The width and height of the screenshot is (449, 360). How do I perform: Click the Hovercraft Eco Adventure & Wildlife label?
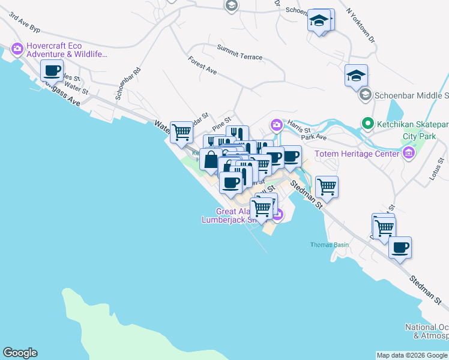66,49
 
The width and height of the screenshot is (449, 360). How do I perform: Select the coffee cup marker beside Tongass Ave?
52,71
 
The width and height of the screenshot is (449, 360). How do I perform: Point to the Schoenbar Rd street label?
129,83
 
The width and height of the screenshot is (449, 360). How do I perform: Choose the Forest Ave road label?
202,65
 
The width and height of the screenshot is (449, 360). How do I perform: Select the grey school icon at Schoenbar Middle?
364,95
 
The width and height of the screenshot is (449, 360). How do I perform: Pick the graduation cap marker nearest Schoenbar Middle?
356,75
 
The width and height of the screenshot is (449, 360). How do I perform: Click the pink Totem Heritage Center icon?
409,154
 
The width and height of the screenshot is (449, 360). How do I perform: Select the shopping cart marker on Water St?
181,131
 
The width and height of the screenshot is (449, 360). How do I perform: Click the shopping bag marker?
211,160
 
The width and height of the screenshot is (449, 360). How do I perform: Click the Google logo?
20,353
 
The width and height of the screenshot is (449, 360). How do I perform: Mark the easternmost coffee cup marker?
400,247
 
